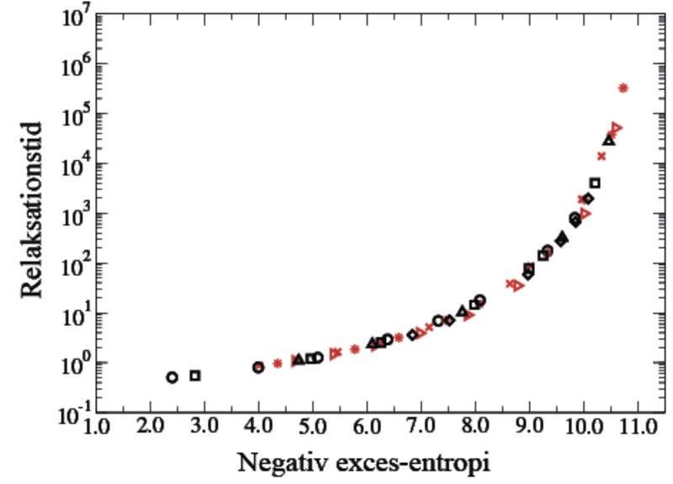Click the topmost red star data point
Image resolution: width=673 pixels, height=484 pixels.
coord(623,88)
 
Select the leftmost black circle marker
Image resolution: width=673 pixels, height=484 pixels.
coord(172,377)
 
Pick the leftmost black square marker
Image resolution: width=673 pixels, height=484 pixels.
coord(195,375)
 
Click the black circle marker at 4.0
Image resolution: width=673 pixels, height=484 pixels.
coord(258,367)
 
